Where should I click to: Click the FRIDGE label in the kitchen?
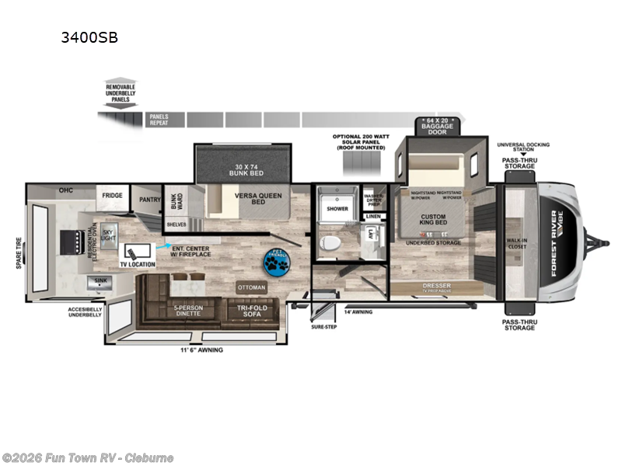click(x=110, y=196)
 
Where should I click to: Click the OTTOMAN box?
click(x=250, y=287)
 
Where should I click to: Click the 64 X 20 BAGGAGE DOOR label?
click(x=434, y=124)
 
